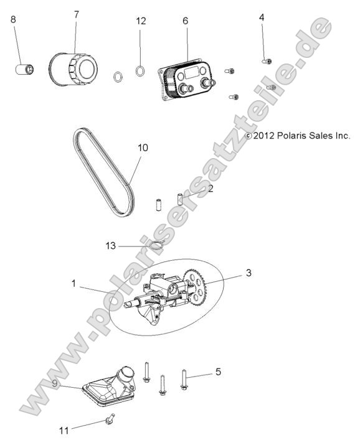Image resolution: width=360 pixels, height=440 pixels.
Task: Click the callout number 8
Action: click(x=14, y=19)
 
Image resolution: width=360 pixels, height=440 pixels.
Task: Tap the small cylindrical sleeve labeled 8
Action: click(x=26, y=67)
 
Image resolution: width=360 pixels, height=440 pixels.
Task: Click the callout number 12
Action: click(x=141, y=21)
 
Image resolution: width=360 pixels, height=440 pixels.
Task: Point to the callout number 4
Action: click(x=262, y=17)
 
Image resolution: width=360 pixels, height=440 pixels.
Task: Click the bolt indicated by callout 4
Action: click(x=266, y=60)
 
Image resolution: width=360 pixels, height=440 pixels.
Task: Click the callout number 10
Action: click(x=143, y=147)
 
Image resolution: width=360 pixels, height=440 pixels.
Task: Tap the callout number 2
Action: click(x=210, y=187)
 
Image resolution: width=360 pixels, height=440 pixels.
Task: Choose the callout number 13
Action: click(x=111, y=246)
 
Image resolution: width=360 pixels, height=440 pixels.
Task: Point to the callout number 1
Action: click(x=74, y=283)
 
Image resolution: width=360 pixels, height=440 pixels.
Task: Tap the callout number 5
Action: click(x=218, y=372)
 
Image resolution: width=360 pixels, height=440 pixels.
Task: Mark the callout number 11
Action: click(x=63, y=429)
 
